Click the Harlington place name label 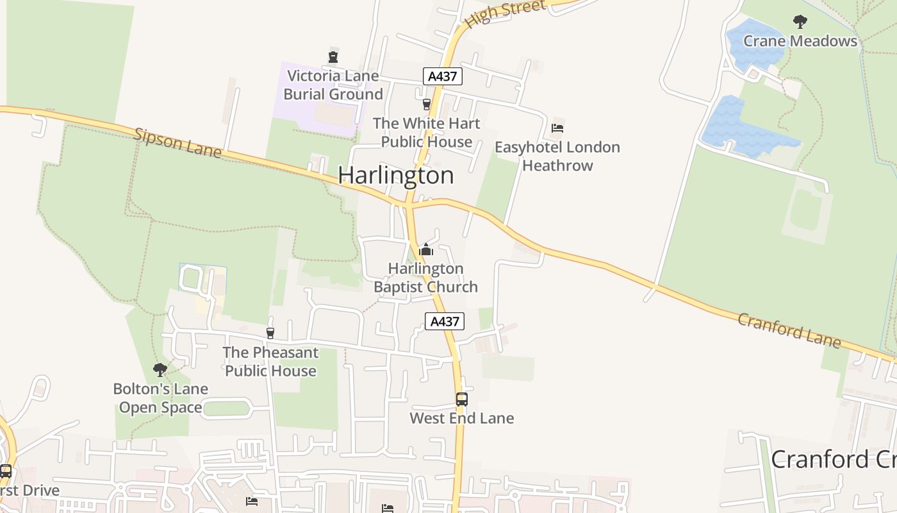(x=395, y=175)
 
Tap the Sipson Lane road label (x=177, y=142)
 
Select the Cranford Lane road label (x=789, y=330)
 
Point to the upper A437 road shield (x=442, y=76)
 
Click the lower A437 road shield (x=445, y=321)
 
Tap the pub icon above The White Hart (x=426, y=104)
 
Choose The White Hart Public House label (x=426, y=132)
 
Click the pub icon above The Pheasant (x=270, y=333)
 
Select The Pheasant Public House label (x=270, y=362)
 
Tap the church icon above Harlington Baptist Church (x=426, y=249)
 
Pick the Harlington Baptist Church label (x=426, y=278)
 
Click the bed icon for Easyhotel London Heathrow (x=557, y=128)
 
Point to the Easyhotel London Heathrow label (x=557, y=156)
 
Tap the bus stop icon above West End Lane (x=461, y=399)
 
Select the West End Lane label (x=461, y=418)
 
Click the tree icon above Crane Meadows (x=800, y=22)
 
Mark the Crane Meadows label (x=800, y=41)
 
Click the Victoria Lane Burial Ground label (x=333, y=85)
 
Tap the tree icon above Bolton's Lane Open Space (x=160, y=370)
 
